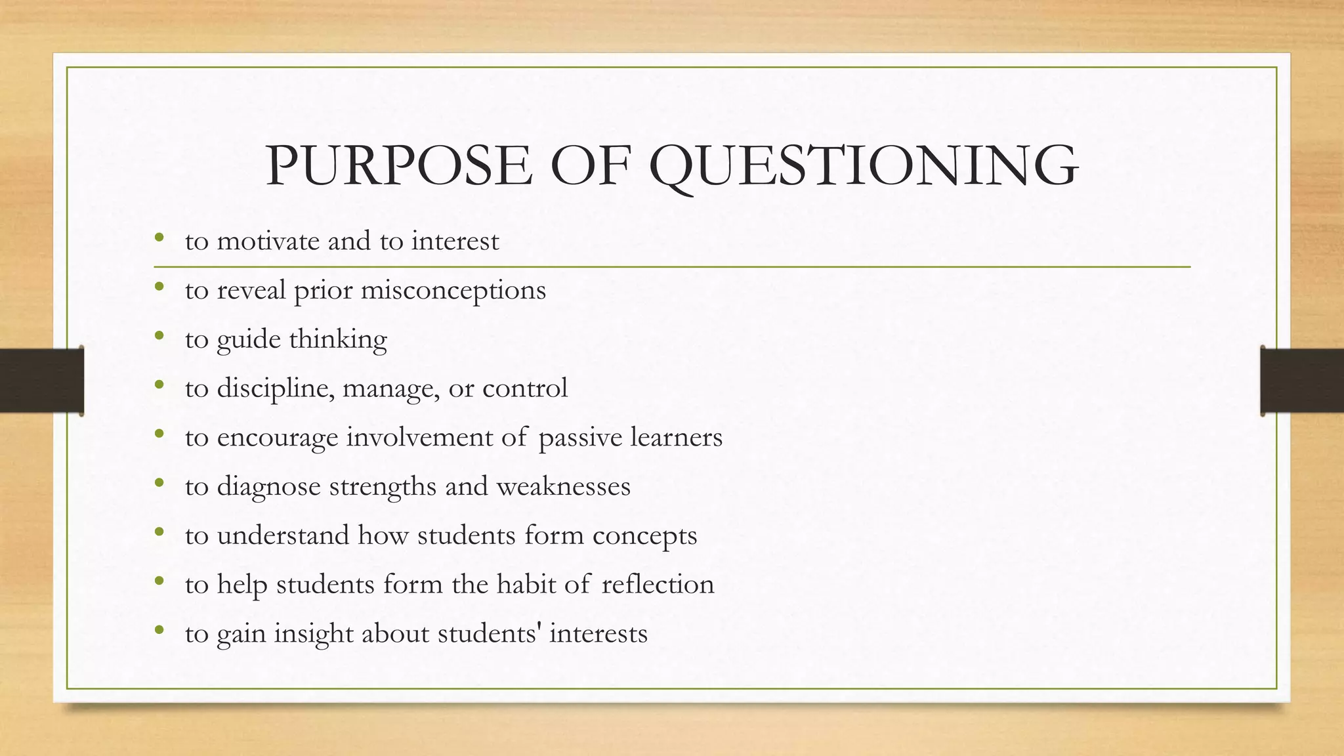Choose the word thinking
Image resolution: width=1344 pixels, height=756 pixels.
coord(338,340)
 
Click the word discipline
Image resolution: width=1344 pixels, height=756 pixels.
coord(276,388)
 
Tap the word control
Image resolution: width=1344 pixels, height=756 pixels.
coord(524,388)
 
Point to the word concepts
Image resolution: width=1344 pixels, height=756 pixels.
coord(644,536)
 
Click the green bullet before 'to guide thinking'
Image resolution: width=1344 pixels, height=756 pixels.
coord(159,337)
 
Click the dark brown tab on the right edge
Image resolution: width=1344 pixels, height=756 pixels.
coord(1302,381)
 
